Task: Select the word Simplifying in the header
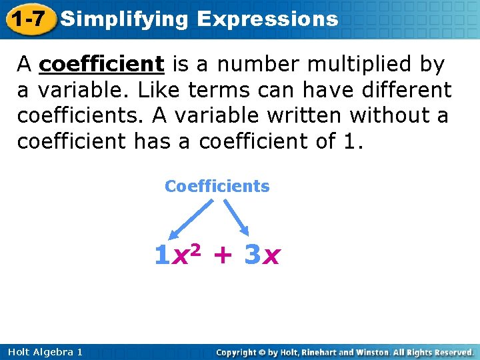pos(124,19)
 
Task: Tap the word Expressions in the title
pos(267,19)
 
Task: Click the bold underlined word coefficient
pos(102,64)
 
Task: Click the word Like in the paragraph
pos(159,89)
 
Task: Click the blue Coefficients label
pos(217,186)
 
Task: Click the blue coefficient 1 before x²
pos(161,255)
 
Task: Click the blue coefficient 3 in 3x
pos(251,255)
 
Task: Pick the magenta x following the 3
pos(271,257)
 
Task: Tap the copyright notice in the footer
pos(345,351)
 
